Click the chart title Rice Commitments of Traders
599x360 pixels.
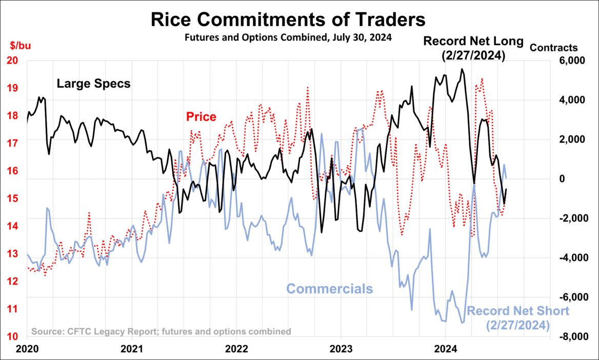point(287,19)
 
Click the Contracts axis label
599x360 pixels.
point(553,48)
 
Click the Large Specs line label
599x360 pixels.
point(93,84)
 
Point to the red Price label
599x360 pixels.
point(201,117)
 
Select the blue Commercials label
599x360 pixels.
point(329,289)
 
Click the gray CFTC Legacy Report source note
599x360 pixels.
point(161,331)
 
